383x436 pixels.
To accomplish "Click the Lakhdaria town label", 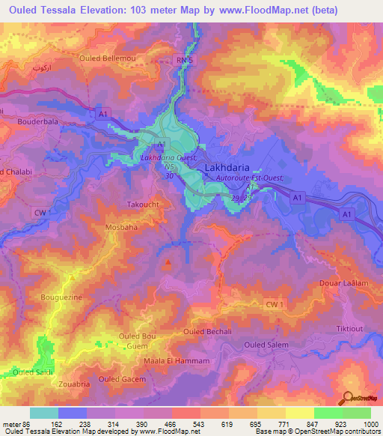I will (227, 169).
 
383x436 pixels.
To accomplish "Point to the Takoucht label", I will (143, 204).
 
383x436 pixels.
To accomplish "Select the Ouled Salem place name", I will (265, 345).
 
